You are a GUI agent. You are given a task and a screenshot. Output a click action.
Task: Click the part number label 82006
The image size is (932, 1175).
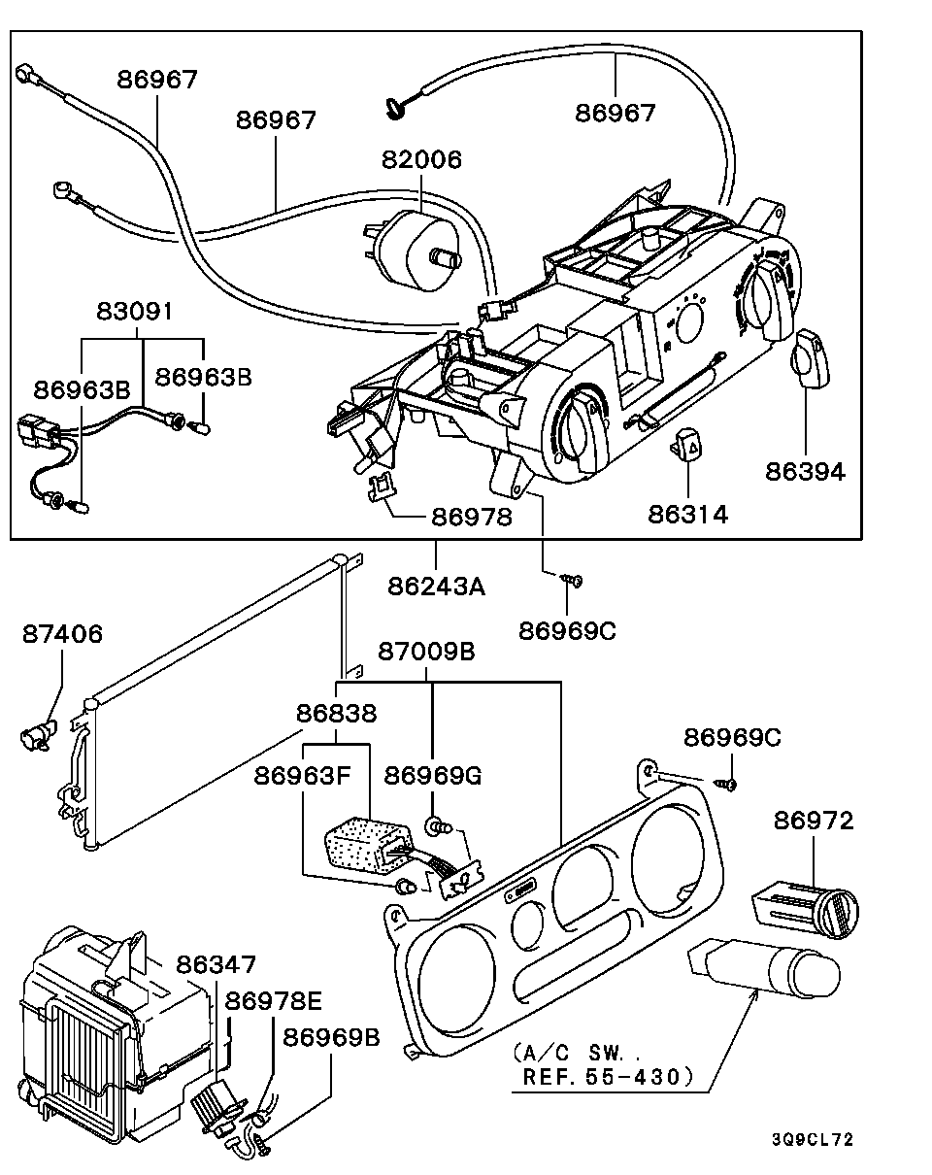click(x=420, y=160)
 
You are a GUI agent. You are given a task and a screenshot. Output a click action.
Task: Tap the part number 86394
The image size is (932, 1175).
click(x=805, y=472)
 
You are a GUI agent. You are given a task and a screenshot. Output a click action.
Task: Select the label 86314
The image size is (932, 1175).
click(x=687, y=514)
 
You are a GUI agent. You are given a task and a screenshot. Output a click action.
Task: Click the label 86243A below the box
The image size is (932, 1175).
click(x=436, y=587)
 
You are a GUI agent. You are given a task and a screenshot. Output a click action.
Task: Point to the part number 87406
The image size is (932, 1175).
click(x=62, y=634)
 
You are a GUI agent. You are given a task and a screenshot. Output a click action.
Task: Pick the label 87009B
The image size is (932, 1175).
click(x=426, y=652)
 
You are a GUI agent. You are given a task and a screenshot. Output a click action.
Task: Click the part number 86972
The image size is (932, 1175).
click(x=814, y=821)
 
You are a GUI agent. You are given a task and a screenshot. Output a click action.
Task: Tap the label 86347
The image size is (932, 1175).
click(x=216, y=964)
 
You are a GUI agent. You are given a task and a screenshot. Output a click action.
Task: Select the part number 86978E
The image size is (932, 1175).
click(x=275, y=1000)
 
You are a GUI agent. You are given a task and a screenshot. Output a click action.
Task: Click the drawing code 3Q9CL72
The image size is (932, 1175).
click(x=813, y=1140)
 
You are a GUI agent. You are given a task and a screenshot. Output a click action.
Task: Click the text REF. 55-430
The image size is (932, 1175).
click(x=608, y=1076)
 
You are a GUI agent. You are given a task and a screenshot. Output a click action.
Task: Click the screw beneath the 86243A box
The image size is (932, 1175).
click(x=572, y=581)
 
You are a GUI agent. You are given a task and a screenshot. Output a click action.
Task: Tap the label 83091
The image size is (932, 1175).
click(x=135, y=312)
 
